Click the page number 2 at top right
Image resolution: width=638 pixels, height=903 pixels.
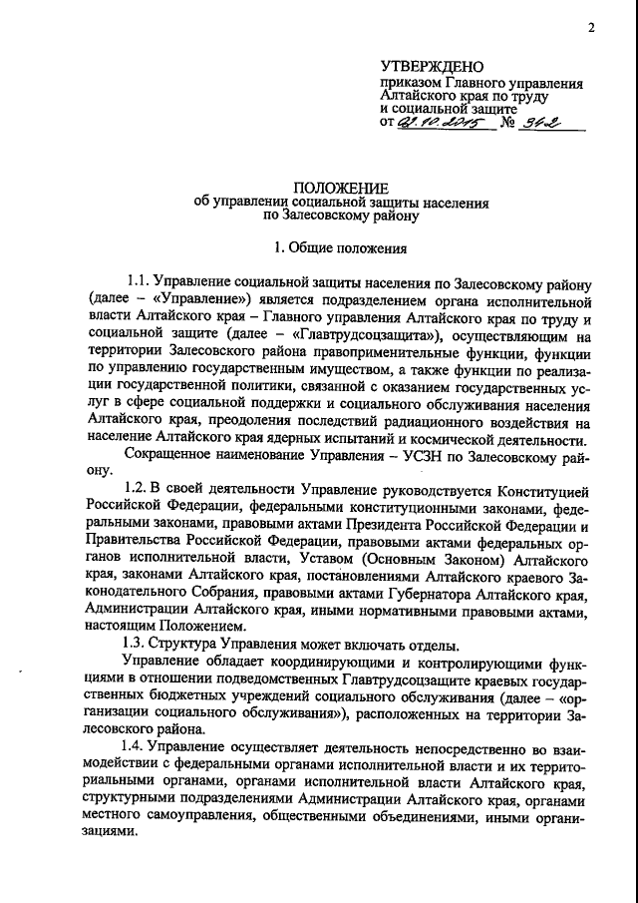tap(591, 28)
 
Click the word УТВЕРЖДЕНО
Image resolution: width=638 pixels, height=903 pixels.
tap(426, 66)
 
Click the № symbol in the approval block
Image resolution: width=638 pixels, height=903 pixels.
tap(507, 124)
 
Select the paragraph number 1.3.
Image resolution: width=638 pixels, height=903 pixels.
tap(137, 643)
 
